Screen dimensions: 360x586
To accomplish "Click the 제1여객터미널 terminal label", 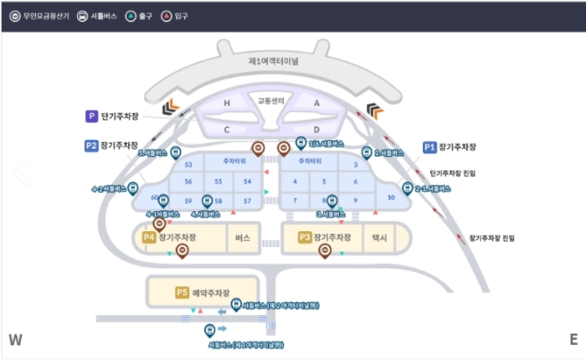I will tap(274, 61).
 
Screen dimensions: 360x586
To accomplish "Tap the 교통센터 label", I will tap(270, 100).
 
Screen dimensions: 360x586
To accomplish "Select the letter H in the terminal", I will tap(226, 103).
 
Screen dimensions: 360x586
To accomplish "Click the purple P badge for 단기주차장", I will tap(91, 116).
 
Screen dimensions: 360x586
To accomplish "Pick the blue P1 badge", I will tap(430, 147).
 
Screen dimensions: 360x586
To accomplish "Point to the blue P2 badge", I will tap(91, 145).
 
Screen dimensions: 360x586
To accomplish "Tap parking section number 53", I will tap(188, 165).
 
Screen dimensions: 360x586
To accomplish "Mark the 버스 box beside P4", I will tap(244, 239).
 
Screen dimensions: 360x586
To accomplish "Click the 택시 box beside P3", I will tap(379, 239).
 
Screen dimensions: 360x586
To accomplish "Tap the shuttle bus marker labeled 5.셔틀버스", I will tap(175, 154).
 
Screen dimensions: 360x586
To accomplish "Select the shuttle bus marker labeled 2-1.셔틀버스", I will tap(409, 188).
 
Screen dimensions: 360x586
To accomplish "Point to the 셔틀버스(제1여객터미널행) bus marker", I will tap(210, 330).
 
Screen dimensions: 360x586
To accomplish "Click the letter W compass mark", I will tap(14, 339).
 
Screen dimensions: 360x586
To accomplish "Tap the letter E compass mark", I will tap(573, 339).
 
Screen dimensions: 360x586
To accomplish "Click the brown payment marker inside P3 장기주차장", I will tap(325, 249).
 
